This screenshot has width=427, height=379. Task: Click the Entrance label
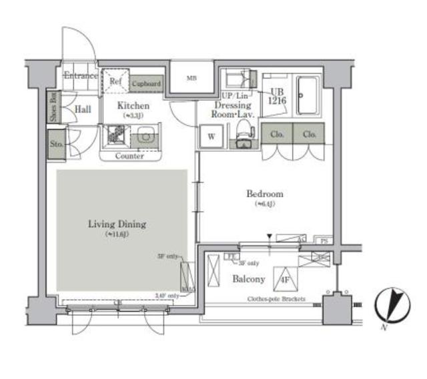[81, 76]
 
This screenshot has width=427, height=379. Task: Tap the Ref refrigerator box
[115, 81]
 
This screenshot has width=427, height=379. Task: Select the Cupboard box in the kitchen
[146, 84]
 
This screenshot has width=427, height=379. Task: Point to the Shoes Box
[53, 107]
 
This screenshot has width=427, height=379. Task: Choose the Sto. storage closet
[56, 144]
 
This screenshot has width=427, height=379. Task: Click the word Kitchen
[133, 105]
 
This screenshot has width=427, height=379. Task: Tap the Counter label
[130, 156]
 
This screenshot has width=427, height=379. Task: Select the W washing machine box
[211, 137]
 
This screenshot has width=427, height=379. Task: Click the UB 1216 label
[278, 97]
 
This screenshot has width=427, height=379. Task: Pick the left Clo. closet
[277, 134]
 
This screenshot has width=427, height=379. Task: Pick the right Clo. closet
[309, 134]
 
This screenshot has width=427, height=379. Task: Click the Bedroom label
[265, 194]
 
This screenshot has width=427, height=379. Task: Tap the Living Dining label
[117, 224]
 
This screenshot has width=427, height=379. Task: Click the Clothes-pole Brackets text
[276, 299]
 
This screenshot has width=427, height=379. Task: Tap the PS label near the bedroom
[324, 240]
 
